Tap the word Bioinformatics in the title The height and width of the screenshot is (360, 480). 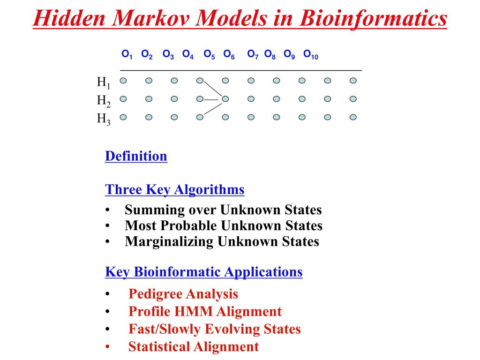click(373, 19)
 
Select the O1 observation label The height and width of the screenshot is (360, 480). click(127, 54)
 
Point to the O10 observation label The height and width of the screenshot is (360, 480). click(311, 54)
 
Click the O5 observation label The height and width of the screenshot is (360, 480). click(210, 54)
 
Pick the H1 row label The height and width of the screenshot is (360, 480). click(104, 82)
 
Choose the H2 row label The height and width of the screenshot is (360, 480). click(104, 101)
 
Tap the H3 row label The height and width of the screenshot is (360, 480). click(104, 119)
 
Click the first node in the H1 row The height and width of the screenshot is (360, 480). click(123, 81)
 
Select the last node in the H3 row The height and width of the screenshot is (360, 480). click(353, 117)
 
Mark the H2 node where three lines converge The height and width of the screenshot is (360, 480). click(225, 99)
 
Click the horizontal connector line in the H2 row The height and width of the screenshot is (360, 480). click(211, 99)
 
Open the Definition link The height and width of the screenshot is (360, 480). click(136, 156)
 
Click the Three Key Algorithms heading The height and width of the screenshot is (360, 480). click(174, 189)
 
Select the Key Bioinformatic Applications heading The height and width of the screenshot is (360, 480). click(203, 272)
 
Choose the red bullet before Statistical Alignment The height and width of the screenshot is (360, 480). click(107, 347)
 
